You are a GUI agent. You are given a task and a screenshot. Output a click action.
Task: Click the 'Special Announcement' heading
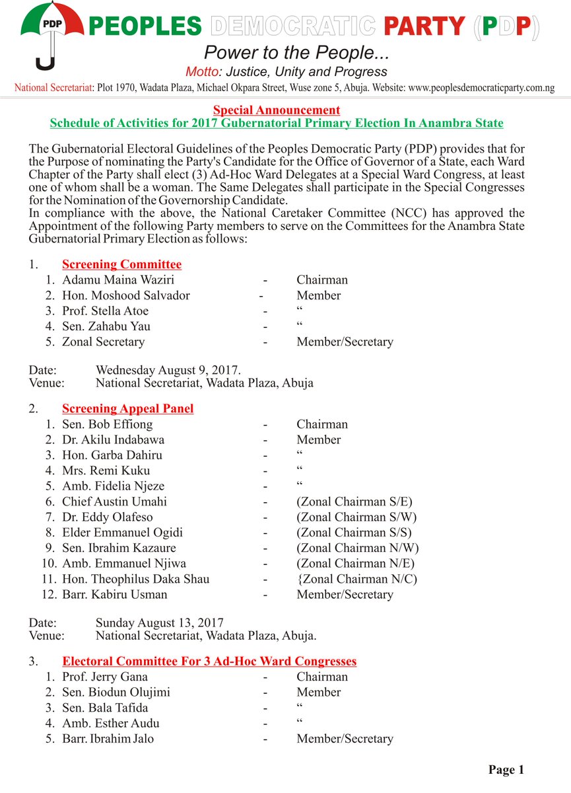277,110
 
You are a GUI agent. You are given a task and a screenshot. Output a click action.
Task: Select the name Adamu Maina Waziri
118,280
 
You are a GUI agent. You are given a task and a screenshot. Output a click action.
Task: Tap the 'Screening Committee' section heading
121,264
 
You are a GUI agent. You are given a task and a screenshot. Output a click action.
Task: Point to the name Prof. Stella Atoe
105,311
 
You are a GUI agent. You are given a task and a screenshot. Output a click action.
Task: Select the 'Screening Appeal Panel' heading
127,408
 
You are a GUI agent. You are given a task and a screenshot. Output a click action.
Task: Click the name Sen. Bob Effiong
107,424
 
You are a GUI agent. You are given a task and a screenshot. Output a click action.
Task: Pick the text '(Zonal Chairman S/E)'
354,502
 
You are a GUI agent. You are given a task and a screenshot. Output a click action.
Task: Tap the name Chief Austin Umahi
114,502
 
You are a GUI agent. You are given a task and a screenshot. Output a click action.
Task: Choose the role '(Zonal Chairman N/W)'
358,548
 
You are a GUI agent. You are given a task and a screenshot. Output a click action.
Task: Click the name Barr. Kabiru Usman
114,594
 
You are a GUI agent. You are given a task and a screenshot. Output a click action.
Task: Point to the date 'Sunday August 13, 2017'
159,623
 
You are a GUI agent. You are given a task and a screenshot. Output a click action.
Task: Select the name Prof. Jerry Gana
104,677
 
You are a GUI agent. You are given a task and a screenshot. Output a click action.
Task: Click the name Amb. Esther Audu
110,723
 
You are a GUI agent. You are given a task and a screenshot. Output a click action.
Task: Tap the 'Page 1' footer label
506,769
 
